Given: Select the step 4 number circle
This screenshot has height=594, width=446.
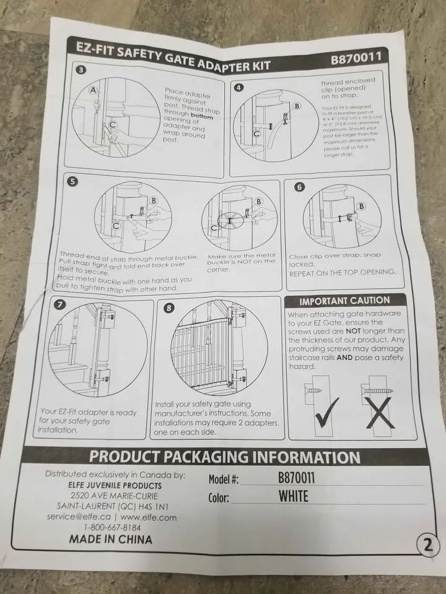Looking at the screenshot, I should coord(238,88).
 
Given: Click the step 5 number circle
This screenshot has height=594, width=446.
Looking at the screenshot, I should coord(74,182).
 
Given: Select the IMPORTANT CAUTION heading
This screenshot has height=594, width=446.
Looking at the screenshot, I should coord(344,301).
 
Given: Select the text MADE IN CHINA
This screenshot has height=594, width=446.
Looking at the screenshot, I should coord(110,539).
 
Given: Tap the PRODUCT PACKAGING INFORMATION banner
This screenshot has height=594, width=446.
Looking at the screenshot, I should coord(224,457).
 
